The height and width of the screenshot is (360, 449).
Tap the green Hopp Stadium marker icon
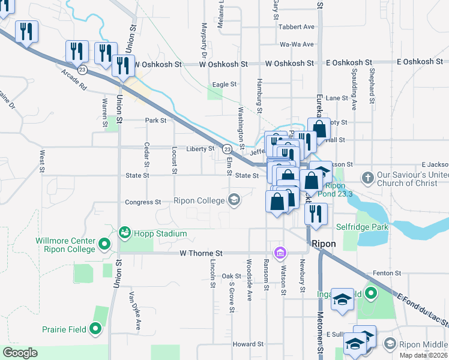[x=125, y=232]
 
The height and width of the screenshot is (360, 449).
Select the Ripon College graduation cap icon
[x=234, y=200]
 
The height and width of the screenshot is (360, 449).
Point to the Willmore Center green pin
[x=104, y=244]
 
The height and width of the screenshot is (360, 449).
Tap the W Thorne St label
[x=201, y=254]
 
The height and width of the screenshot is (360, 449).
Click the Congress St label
[x=143, y=202]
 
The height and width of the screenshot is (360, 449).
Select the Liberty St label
[x=200, y=148]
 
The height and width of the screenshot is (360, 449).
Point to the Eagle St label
[x=224, y=85]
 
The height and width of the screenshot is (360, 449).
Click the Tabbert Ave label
[x=297, y=27]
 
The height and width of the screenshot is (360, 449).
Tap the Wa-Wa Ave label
[x=297, y=44]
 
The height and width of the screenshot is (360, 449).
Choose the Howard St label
[x=248, y=344]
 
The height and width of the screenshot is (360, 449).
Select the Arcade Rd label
[x=74, y=80]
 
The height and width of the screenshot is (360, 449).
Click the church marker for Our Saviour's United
[x=367, y=178]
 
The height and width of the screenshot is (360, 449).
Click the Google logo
[x=20, y=353]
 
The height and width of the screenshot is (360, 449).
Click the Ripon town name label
[x=324, y=244]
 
